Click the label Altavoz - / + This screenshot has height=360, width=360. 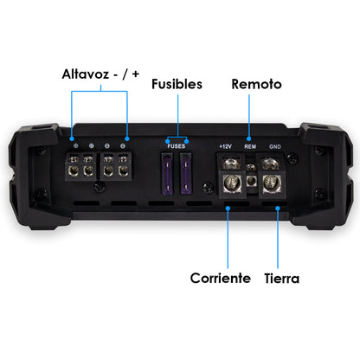click(x=98, y=75)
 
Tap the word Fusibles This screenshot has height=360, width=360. click(x=177, y=85)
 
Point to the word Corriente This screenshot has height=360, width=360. click(x=221, y=278)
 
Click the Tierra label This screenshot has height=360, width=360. click(x=281, y=278)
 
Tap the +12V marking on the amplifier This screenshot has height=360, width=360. click(x=226, y=147)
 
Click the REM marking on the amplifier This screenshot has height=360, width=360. click(x=250, y=147)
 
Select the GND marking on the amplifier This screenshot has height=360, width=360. click(x=275, y=147)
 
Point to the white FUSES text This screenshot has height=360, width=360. click(x=177, y=147)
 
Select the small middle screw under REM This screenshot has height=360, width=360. click(x=251, y=182)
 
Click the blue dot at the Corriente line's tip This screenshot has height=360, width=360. click(x=227, y=208)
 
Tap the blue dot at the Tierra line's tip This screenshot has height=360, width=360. click(x=277, y=208)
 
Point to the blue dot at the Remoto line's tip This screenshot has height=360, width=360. click(x=250, y=138)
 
